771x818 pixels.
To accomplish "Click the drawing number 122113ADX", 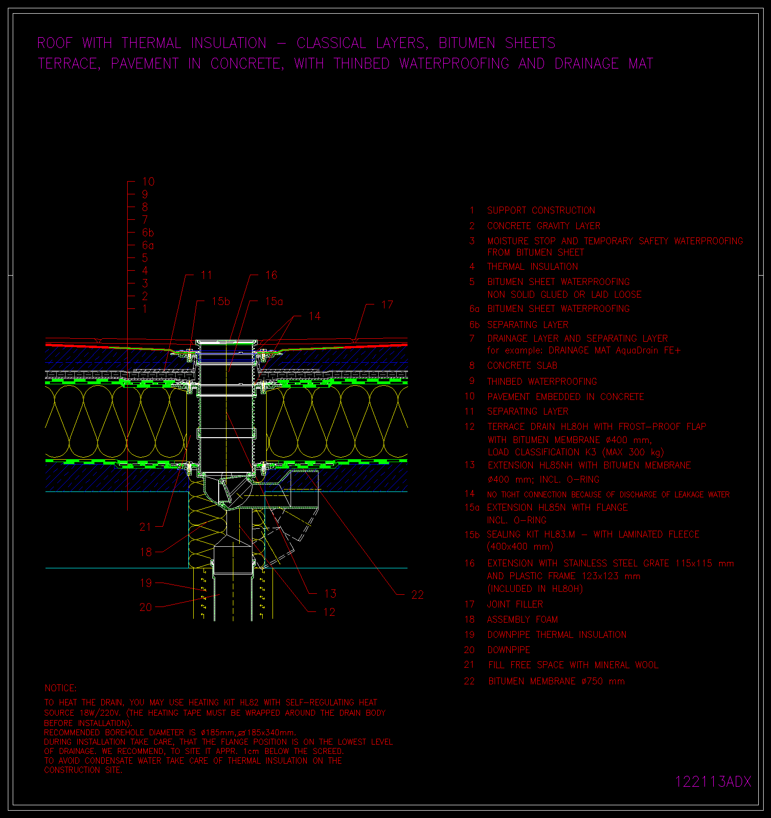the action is tap(713, 781).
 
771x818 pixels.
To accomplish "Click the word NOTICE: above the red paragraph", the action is tap(61, 688).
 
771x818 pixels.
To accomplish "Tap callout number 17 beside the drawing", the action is tap(387, 305).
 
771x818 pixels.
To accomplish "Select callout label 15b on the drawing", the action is tap(221, 302).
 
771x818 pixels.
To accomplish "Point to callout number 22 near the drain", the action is tap(417, 595).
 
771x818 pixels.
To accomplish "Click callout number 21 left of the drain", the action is tap(146, 527).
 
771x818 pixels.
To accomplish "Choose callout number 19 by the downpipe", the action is tap(146, 583).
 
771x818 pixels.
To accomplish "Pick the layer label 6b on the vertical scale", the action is tap(148, 233).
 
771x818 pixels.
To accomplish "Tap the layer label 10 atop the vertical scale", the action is tap(148, 182).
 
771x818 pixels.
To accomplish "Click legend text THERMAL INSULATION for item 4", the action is tap(533, 267).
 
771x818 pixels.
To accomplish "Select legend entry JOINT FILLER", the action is tap(515, 605).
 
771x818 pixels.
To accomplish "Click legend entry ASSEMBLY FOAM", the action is tap(522, 620).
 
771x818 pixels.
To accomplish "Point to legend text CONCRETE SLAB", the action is tap(522, 366).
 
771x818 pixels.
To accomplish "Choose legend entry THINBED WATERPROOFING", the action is tap(542, 381).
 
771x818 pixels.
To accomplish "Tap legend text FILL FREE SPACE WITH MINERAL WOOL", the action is tap(573, 665).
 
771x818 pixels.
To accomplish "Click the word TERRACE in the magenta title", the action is tap(69, 64).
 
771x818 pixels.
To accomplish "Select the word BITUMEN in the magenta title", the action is tap(467, 43).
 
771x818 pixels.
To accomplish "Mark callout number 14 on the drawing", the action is tap(315, 316).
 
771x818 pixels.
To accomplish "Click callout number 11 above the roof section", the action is tap(206, 275).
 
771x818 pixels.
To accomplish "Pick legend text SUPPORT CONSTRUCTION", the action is tap(541, 210).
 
